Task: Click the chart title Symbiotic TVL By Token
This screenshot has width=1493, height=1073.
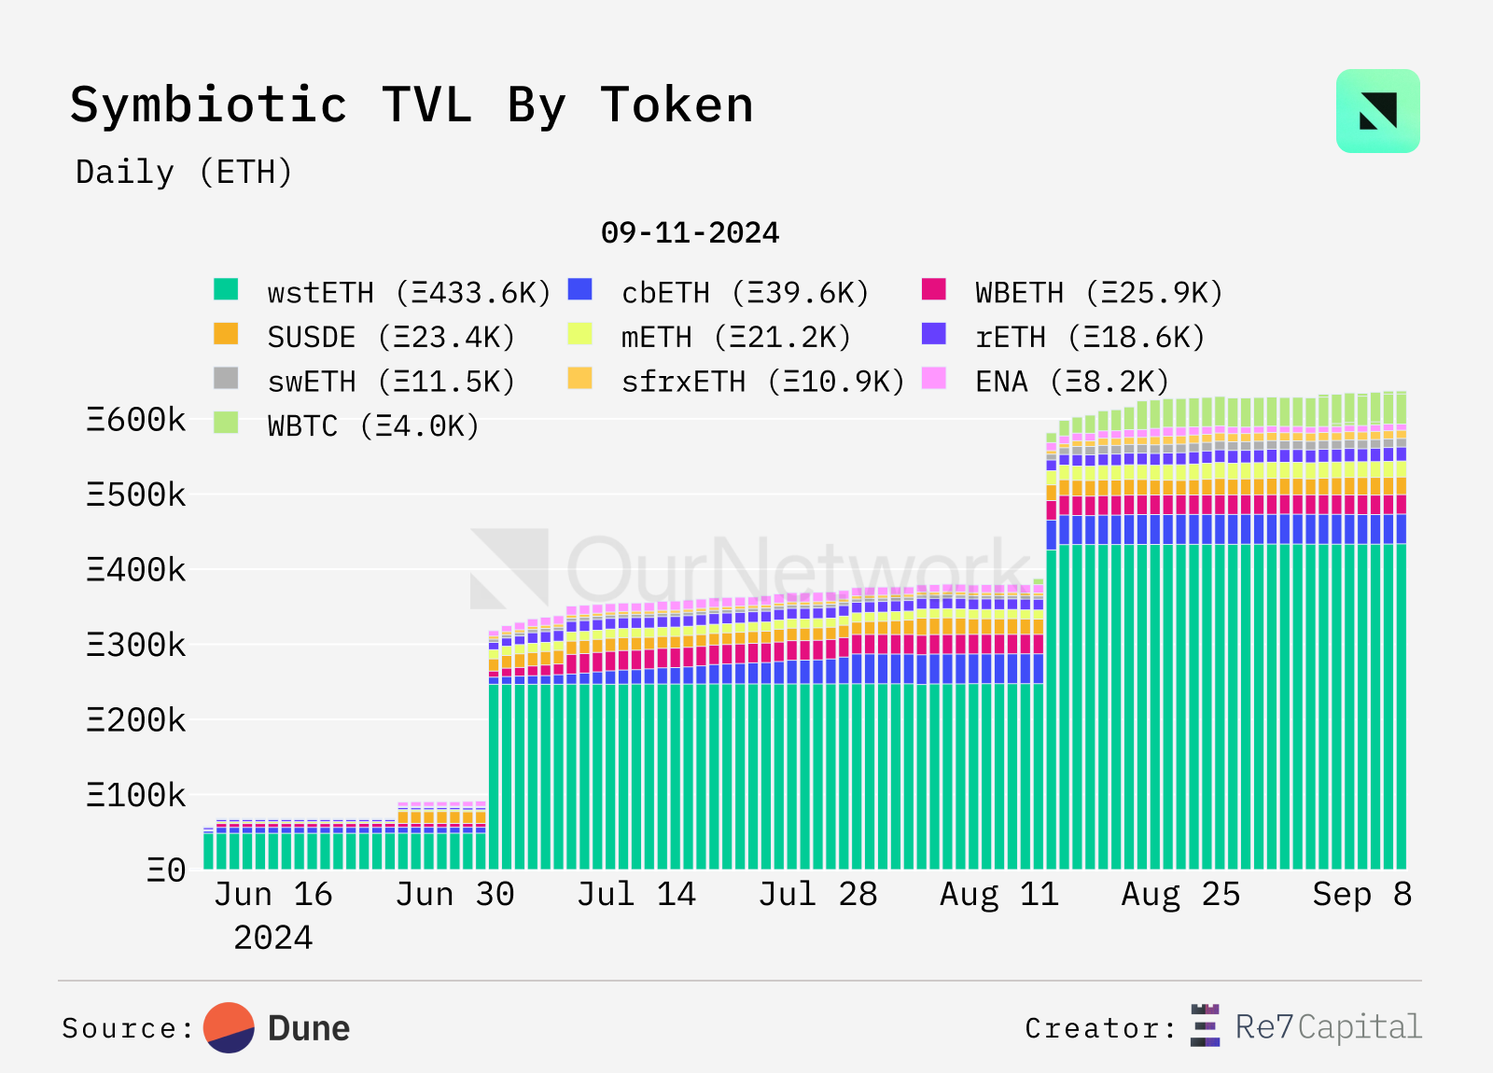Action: pos(412,105)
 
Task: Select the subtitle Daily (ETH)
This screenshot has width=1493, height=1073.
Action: pos(185,173)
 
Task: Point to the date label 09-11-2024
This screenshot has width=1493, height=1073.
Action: pos(690,232)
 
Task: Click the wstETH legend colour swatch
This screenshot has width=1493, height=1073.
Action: pos(226,290)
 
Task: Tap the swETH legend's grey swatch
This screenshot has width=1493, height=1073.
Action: pos(226,379)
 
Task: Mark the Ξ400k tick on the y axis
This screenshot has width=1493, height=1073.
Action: pos(136,569)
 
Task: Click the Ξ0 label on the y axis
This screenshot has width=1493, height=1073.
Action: pos(166,871)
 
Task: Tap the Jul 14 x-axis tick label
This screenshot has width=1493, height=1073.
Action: pos(636,895)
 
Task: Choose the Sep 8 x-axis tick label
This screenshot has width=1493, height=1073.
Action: pos(1361,895)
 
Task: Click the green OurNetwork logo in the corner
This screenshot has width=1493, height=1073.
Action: pos(1377,111)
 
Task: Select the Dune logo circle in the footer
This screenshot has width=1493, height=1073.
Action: pos(230,1028)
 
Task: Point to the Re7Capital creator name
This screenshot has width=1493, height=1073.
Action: pos(1328,1027)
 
